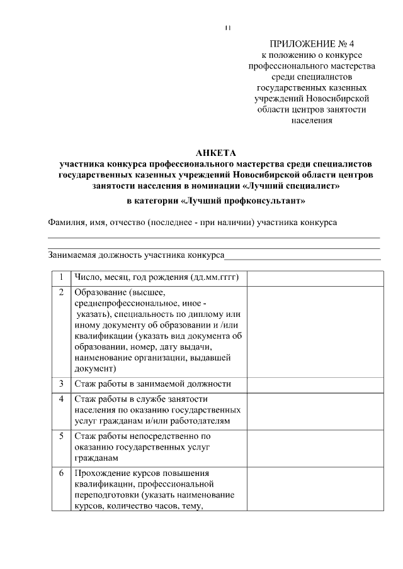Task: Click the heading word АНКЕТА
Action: click(x=215, y=153)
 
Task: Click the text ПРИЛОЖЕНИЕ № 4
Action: click(x=312, y=44)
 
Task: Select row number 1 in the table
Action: click(x=61, y=277)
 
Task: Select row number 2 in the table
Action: click(x=61, y=293)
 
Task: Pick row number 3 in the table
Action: click(x=61, y=383)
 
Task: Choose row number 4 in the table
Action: click(x=61, y=399)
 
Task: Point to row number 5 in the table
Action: click(x=61, y=435)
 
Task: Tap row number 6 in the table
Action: click(x=61, y=473)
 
